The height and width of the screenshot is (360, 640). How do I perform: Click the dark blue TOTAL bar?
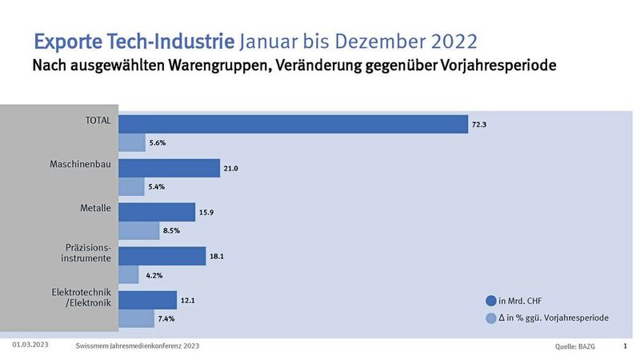tap(293, 124)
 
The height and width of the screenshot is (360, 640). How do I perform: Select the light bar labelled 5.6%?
tap(132, 142)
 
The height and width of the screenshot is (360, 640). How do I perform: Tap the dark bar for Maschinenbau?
tap(169, 168)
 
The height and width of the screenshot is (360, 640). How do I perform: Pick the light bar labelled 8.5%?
tap(139, 230)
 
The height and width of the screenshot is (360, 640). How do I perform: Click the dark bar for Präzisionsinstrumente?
tap(162, 256)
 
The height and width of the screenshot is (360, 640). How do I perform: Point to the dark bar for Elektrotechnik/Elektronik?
tap(148, 300)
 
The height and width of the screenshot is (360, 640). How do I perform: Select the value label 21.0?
tap(231, 169)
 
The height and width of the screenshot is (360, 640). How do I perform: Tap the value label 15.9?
tap(206, 213)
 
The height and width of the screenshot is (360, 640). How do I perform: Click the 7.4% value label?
tap(166, 318)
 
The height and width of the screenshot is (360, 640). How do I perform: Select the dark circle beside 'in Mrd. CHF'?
tap(490, 301)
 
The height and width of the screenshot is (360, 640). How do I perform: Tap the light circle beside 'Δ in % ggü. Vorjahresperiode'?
tap(490, 318)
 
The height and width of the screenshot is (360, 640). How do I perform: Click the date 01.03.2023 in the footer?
tap(32, 345)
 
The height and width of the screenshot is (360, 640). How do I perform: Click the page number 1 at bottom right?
tap(624, 346)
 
